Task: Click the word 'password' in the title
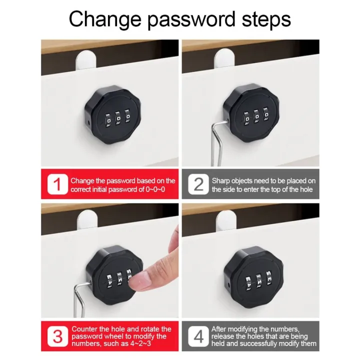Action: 181,20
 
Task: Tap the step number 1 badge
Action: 57,184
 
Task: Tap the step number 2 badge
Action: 198,184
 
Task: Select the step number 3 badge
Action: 57,336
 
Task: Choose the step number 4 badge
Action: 198,336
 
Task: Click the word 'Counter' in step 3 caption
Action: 83,328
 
